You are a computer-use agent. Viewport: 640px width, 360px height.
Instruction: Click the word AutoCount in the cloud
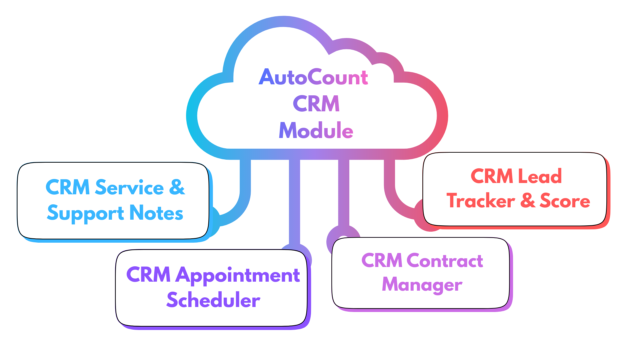coord(313,77)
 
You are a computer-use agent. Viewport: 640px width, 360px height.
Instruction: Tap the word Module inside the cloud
coord(316,130)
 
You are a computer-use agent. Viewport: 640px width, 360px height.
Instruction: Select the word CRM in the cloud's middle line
coord(316,104)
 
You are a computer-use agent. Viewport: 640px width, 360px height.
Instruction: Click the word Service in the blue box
coord(129,187)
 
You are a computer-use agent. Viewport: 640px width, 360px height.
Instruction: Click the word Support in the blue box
coord(86,213)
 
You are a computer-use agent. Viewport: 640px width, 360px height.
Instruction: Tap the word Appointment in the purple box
coord(238,275)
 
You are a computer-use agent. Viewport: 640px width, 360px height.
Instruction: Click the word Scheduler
coord(213,300)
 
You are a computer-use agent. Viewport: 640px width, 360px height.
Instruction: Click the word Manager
coord(422,285)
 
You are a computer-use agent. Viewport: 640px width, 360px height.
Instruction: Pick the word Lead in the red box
coord(540,176)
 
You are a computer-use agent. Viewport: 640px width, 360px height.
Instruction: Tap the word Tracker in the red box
coord(481,201)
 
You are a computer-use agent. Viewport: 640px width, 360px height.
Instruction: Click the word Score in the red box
coord(565,201)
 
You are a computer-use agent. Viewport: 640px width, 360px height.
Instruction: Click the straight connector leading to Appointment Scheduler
coord(294,200)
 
